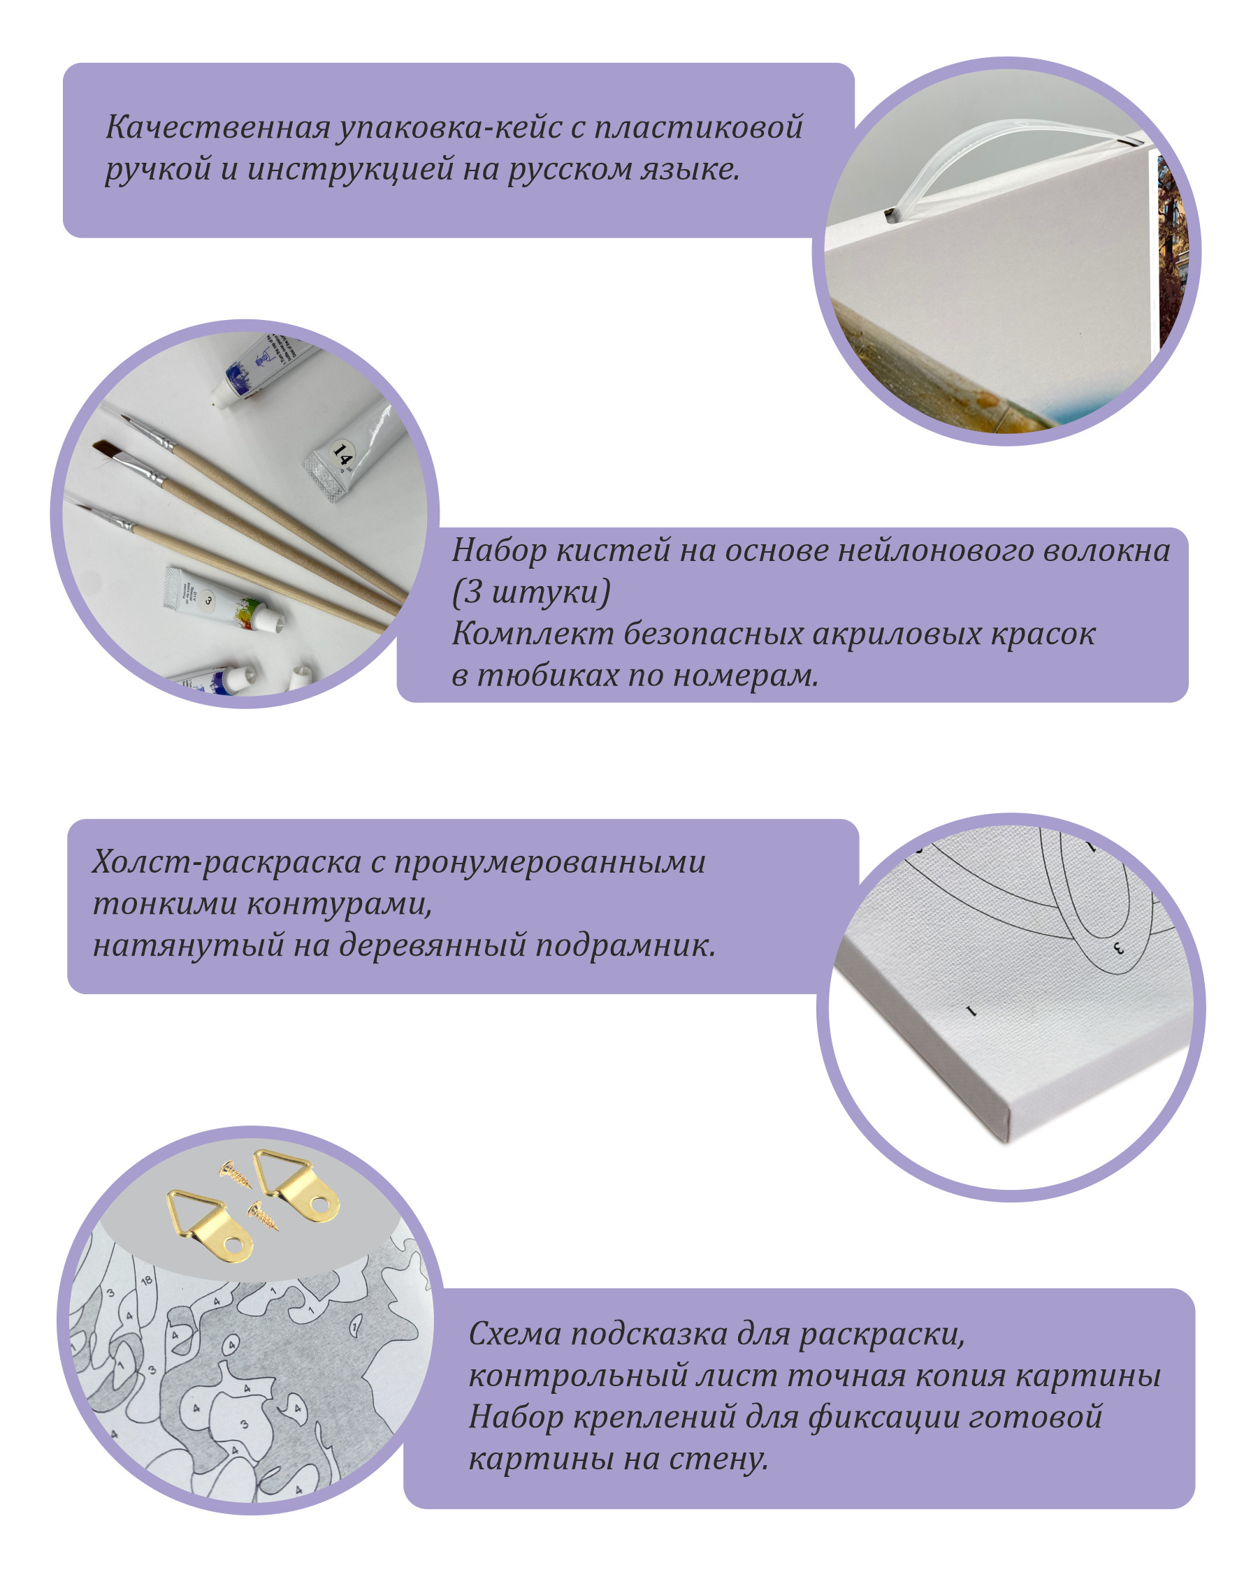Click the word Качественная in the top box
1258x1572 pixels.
[219, 127]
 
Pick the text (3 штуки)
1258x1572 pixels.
[531, 591]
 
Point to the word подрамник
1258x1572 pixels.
[625, 947]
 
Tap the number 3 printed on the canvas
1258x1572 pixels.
[1119, 949]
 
